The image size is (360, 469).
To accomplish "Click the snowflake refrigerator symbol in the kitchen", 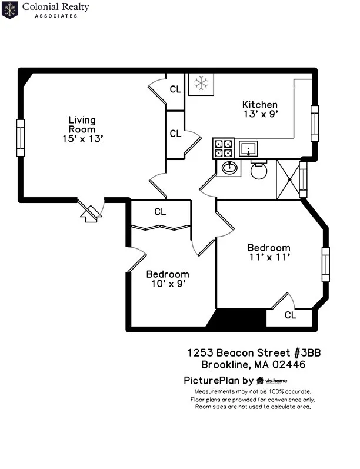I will point(201,84).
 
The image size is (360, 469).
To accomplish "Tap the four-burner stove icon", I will point(223,148).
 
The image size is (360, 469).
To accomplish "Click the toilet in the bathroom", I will point(259,169).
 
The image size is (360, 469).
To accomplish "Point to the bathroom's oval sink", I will point(228,169).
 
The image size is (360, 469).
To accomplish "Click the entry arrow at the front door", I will point(89,214).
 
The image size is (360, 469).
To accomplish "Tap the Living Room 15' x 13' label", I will point(82,129).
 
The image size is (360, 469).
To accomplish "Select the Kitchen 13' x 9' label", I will point(259,109).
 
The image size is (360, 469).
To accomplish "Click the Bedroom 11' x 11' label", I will point(268,252).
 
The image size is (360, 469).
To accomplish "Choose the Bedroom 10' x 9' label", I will point(168,278).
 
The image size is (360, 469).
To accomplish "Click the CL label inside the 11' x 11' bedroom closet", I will point(290,315).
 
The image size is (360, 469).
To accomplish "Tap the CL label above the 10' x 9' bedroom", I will point(160,212).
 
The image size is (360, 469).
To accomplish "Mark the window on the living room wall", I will point(21,138).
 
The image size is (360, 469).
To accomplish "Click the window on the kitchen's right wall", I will point(315,124).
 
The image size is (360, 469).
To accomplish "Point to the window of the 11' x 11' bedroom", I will point(325,264).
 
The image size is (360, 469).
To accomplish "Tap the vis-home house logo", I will point(260,380).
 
